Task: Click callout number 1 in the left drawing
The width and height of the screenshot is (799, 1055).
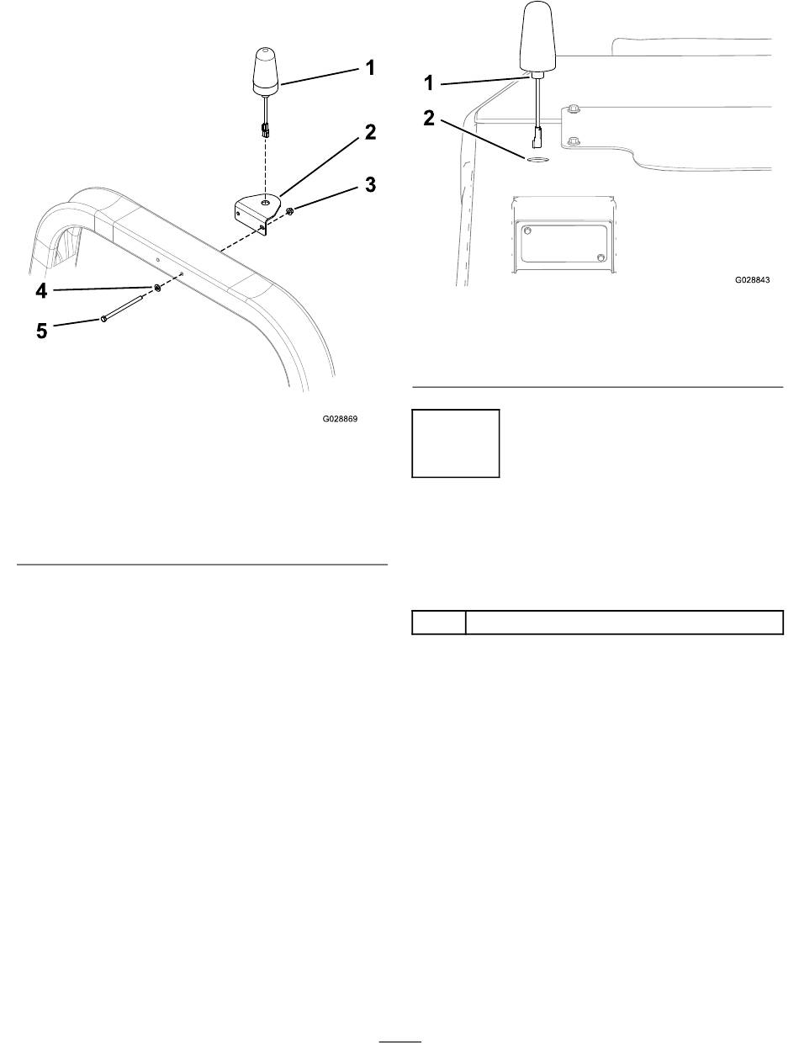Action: point(369,68)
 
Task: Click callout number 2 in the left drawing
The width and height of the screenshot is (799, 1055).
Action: point(370,132)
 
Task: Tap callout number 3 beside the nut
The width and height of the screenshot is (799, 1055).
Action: point(370,184)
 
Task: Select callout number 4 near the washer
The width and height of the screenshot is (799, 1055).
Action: point(42,291)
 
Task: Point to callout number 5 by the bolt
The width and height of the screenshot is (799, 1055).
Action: point(42,331)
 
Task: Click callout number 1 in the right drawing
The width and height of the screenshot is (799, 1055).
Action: point(429,83)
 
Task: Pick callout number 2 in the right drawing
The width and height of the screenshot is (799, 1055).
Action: point(429,119)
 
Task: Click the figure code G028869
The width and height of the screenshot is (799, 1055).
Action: point(340,419)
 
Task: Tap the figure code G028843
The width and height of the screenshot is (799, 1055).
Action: point(752,279)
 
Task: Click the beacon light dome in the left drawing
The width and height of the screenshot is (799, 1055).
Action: point(266,72)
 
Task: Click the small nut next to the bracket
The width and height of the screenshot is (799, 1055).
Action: point(289,210)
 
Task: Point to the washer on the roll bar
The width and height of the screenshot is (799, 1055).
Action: point(157,288)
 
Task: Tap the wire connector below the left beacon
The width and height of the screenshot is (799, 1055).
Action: point(264,130)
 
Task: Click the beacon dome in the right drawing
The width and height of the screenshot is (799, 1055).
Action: point(538,36)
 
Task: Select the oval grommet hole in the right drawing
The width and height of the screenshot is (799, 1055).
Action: point(536,159)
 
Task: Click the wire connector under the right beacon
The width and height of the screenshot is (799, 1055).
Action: point(537,138)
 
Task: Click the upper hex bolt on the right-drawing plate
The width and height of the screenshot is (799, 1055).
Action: point(572,109)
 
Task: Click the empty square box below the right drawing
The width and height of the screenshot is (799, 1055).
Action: point(456,443)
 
